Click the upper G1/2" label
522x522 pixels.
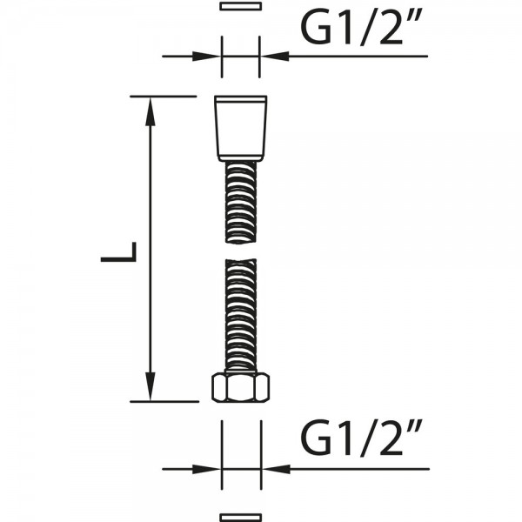click(362, 28)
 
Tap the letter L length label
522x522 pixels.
click(119, 252)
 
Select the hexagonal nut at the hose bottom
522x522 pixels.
click(240, 387)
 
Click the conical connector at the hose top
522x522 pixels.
click(240, 128)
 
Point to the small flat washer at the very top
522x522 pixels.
click(240, 6)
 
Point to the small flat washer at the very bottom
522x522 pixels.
click(240, 518)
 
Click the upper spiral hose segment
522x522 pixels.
click(241, 203)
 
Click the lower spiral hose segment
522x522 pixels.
click(241, 315)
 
